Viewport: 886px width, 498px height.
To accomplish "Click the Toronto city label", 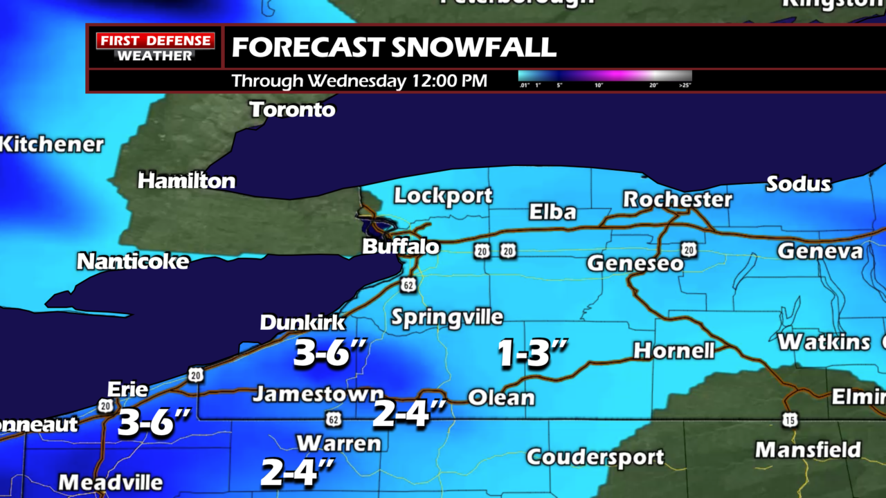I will pyautogui.click(x=292, y=109).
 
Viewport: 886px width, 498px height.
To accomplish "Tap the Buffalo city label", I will pyautogui.click(x=401, y=247).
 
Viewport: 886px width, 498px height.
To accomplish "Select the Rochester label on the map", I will pyautogui.click(x=677, y=199).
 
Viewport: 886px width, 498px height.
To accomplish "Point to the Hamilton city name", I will pyautogui.click(x=186, y=181).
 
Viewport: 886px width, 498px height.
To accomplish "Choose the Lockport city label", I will pyautogui.click(x=443, y=196).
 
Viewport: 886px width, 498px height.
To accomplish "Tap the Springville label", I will pyautogui.click(x=446, y=317).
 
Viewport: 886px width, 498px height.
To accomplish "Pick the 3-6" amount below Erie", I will pyautogui.click(x=154, y=423).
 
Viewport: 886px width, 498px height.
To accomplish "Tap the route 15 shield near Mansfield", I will pyautogui.click(x=790, y=420).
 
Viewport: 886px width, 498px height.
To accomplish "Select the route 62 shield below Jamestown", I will pyautogui.click(x=335, y=418).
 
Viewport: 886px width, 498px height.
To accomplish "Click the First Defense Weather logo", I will pyautogui.click(x=155, y=46).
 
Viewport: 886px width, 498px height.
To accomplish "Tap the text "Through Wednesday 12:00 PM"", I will pyautogui.click(x=359, y=81).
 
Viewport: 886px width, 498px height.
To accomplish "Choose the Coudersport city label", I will pyautogui.click(x=595, y=457).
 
